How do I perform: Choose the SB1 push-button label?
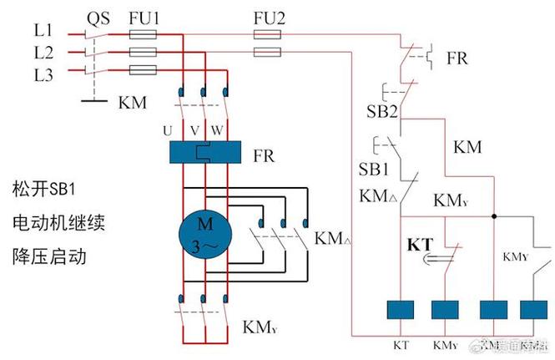coord(375,170)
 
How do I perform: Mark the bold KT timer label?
coord(421,245)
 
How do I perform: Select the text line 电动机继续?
coord(58,221)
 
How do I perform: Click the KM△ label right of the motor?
coord(334,239)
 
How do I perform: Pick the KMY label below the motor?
coord(260,326)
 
